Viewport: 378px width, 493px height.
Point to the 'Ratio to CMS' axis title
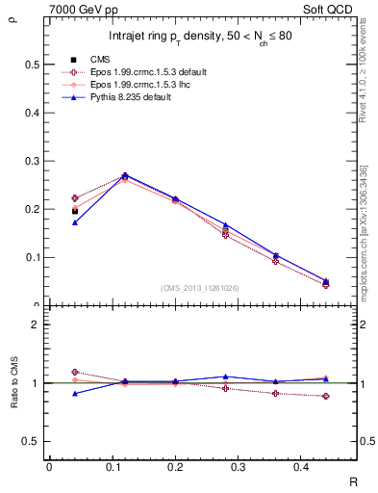pyautogui.click(x=13, y=383)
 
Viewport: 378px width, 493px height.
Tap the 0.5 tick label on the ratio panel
pyautogui.click(x=30, y=441)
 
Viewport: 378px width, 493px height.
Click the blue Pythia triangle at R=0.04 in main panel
pyautogui.click(x=75, y=222)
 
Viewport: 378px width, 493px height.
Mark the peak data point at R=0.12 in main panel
pyautogui.click(x=125, y=176)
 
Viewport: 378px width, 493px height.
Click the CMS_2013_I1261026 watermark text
pyautogui.click(x=200, y=288)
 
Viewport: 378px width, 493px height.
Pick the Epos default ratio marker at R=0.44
pyautogui.click(x=325, y=397)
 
